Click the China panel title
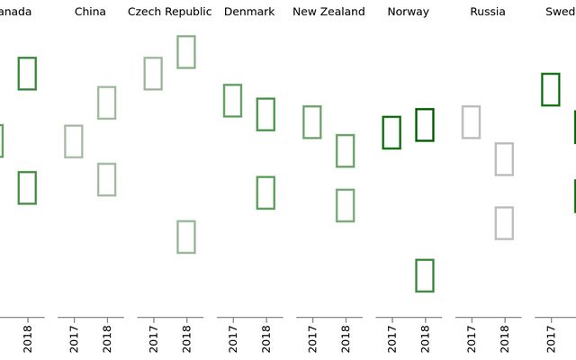click(x=90, y=12)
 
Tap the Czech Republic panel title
click(x=170, y=12)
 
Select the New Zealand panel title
click(x=328, y=12)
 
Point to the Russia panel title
click(x=488, y=12)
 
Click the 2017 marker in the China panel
click(x=74, y=141)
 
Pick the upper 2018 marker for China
click(x=106, y=103)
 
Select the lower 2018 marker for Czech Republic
click(x=186, y=237)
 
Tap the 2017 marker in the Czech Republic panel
click(x=153, y=74)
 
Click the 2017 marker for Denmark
click(x=232, y=101)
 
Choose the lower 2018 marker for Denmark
click(x=265, y=193)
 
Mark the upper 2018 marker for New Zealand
click(x=345, y=150)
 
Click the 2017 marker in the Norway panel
click(x=391, y=132)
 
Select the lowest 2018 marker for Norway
click(x=425, y=275)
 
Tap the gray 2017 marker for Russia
click(x=471, y=121)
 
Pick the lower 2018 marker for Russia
click(x=504, y=223)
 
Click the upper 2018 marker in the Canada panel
click(x=27, y=73)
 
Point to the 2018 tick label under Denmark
click(x=266, y=337)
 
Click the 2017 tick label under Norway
click(x=392, y=337)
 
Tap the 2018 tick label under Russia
click(x=505, y=337)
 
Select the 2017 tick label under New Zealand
click(x=312, y=337)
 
